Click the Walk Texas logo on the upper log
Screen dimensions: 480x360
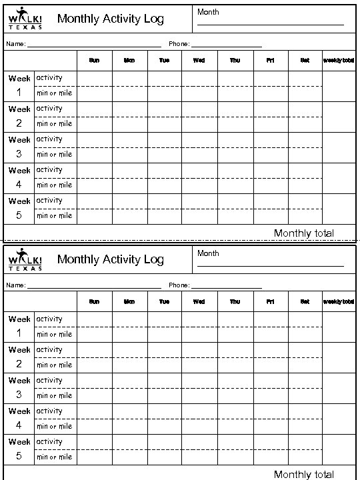click(25, 19)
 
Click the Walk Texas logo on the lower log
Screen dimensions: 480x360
click(25, 260)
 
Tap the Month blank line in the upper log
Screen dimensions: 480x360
click(270, 24)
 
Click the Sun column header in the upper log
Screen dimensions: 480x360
click(94, 61)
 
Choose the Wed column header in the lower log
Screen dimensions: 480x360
click(199, 302)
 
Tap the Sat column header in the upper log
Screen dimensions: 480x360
click(305, 61)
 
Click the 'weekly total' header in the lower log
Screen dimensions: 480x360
click(339, 302)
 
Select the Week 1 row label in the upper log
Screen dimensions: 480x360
click(19, 85)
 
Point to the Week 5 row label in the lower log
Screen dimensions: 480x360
click(19, 449)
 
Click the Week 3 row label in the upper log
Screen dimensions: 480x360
click(19, 147)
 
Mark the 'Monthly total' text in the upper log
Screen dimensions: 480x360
click(304, 233)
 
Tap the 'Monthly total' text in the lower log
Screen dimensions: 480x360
click(304, 474)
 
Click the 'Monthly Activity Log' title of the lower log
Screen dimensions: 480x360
click(111, 259)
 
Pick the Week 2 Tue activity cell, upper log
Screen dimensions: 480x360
click(164, 109)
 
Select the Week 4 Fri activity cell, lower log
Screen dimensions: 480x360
click(270, 411)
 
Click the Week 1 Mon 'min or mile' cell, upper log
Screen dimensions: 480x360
click(129, 93)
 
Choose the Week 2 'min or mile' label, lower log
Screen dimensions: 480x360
click(54, 365)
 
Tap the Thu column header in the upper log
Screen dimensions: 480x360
click(235, 61)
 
